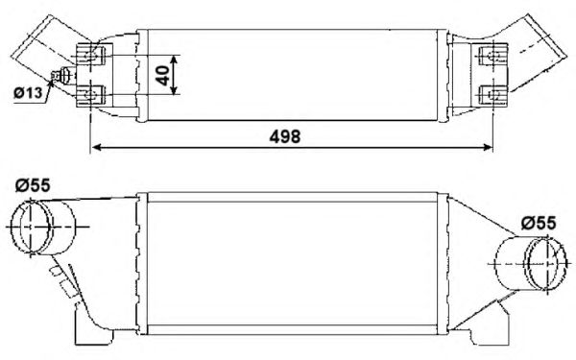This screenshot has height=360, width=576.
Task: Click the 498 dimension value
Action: [x=285, y=136]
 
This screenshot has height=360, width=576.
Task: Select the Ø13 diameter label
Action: [x=29, y=93]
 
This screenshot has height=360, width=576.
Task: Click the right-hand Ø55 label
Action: [x=539, y=223]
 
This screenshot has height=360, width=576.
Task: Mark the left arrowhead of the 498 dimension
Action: [x=95, y=149]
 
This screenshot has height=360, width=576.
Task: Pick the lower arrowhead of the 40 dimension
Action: [x=179, y=92]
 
